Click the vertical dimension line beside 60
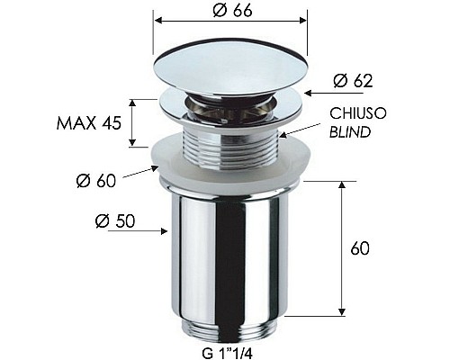pos(343,247)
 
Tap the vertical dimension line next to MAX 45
pos(133,123)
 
